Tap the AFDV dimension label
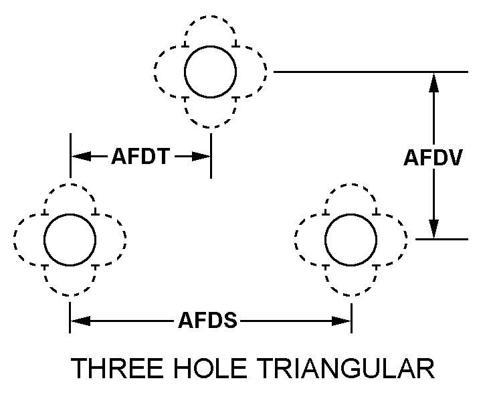(433, 157)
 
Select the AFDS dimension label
(207, 322)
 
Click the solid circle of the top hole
(210, 72)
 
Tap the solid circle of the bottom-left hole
(70, 239)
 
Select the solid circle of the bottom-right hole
(351, 239)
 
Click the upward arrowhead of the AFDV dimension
(433, 81)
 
